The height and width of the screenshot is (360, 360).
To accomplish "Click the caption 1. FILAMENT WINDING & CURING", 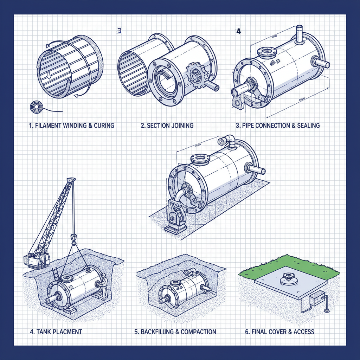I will tap(71, 126).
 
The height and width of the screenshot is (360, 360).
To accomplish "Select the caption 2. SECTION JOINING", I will tap(167, 126).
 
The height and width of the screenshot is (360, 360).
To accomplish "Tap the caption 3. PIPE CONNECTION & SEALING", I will tap(278, 126).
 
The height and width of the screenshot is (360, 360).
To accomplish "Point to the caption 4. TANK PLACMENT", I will tap(56, 332).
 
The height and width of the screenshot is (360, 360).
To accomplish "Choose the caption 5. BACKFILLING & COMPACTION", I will tap(175, 332).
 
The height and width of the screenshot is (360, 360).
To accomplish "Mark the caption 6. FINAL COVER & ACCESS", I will tap(279, 332).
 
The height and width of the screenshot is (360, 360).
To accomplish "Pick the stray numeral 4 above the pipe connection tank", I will tap(239, 31).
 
